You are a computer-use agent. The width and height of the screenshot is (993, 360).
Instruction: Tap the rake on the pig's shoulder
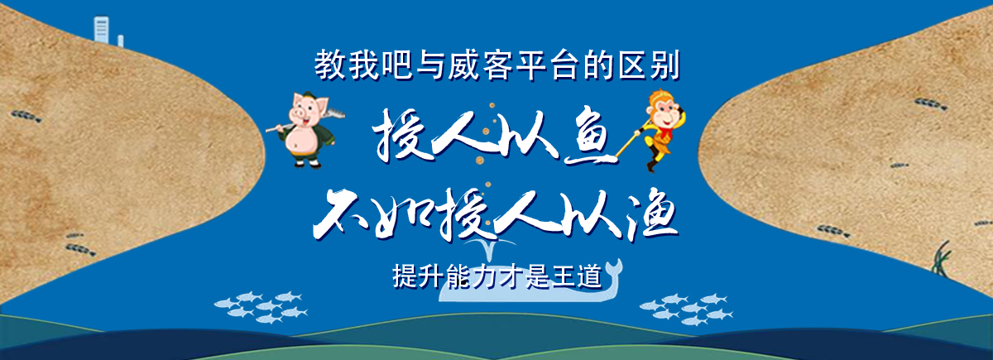[305, 120]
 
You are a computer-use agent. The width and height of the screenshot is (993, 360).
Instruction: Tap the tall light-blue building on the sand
[101, 30]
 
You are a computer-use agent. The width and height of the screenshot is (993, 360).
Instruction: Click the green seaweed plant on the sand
[943, 258]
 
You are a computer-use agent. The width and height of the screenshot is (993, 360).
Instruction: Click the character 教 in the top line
[330, 65]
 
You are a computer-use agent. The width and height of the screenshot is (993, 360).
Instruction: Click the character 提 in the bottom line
[405, 276]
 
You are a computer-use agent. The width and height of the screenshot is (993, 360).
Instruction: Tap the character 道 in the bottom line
[589, 276]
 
